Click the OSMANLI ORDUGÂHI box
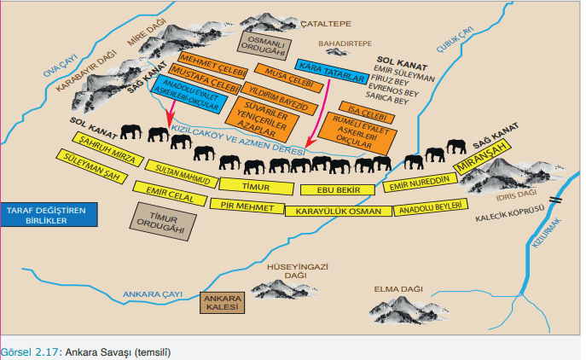coord(264,43)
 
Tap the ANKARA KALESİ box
coord(222,303)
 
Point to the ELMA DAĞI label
coord(395,288)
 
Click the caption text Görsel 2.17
coord(30,351)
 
